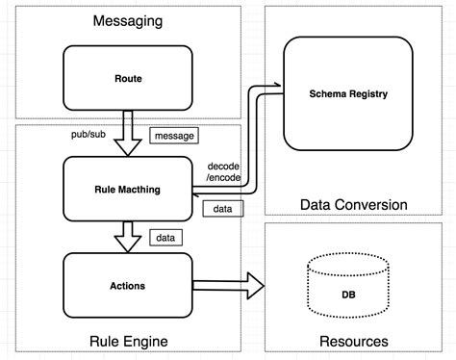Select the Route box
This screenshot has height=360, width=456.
pyautogui.click(x=129, y=78)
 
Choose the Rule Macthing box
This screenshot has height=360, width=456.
pyautogui.click(x=129, y=190)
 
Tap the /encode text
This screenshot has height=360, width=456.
pyautogui.click(x=223, y=178)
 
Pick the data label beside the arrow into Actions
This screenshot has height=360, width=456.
pyautogui.click(x=165, y=237)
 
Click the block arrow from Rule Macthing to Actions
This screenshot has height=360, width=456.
pyautogui.click(x=129, y=235)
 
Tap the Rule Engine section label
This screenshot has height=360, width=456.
pyautogui.click(x=129, y=341)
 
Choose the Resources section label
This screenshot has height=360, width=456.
pyautogui.click(x=353, y=341)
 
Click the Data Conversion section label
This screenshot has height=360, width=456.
pyautogui.click(x=353, y=204)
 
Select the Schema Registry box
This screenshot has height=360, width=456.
pyautogui.click(x=353, y=93)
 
